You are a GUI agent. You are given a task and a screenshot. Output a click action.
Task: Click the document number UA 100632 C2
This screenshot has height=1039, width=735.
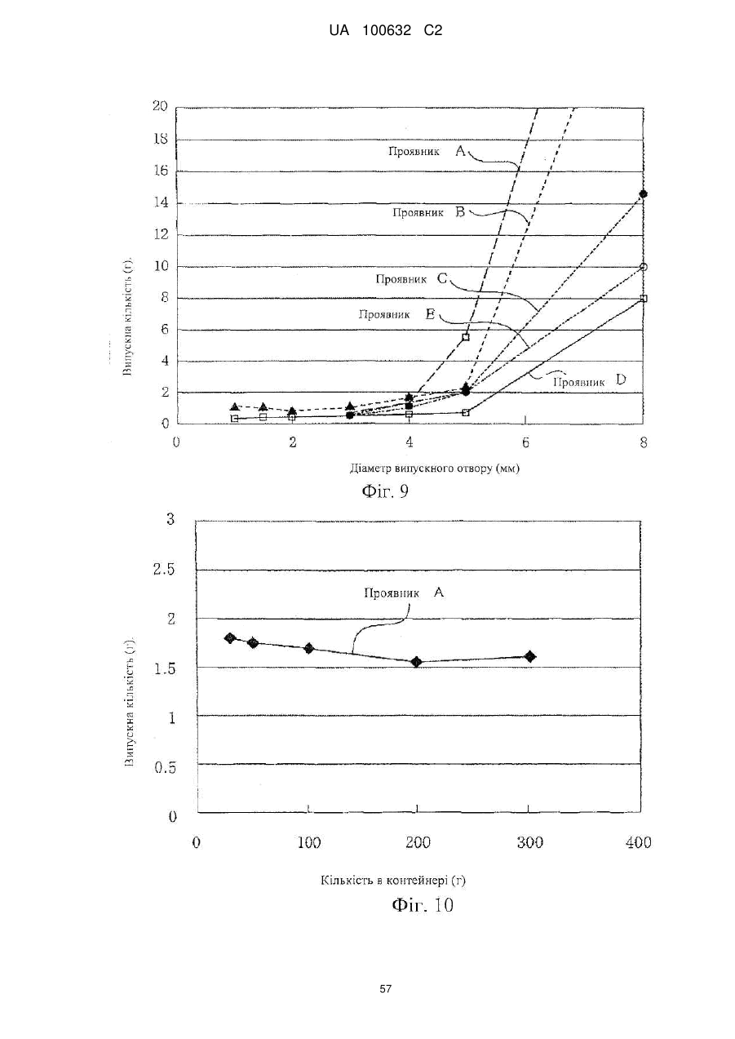tap(385, 31)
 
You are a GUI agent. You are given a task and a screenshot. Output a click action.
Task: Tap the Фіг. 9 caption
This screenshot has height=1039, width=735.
tap(385, 491)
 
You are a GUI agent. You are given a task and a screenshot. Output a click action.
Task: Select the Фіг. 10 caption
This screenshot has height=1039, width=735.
tap(423, 905)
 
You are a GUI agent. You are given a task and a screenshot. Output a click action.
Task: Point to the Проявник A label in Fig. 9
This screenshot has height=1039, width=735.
tap(427, 151)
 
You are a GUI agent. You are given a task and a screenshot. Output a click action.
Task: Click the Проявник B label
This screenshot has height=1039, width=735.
tap(429, 212)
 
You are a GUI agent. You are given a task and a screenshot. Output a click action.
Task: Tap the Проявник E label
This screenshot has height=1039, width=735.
tap(397, 314)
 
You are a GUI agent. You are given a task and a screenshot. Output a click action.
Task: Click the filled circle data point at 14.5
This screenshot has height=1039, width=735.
tap(643, 194)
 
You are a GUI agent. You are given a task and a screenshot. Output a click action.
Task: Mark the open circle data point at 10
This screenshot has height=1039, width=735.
tap(643, 267)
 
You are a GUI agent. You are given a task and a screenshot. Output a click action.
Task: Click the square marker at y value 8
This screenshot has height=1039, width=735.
tap(643, 298)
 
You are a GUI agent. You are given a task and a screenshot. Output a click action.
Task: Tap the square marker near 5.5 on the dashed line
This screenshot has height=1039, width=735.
tap(466, 337)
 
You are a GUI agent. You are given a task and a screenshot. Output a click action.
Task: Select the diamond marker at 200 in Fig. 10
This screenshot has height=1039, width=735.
tap(416, 661)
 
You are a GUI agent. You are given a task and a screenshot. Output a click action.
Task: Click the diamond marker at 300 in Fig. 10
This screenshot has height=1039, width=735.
tap(530, 656)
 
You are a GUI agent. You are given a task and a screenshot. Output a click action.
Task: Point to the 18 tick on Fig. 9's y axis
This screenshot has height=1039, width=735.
tap(161, 139)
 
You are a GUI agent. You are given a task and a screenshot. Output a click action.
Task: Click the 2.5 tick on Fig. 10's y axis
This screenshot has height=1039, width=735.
tap(164, 569)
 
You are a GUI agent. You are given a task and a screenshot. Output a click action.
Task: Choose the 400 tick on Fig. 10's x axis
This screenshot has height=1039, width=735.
tap(639, 841)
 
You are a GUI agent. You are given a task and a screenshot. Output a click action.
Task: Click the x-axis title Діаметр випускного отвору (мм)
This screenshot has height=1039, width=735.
tap(435, 468)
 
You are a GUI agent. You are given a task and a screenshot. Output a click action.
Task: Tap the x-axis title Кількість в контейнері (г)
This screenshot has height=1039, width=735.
tap(392, 880)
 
